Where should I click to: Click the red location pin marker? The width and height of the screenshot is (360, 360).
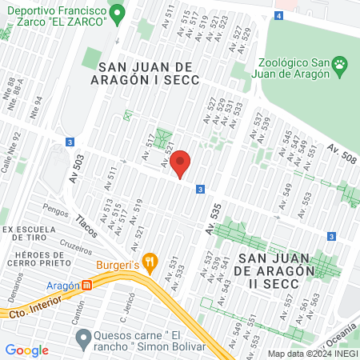point(180,163)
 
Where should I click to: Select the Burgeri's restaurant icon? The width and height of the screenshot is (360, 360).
point(150,265)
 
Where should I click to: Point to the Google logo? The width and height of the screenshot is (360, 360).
point(27,350)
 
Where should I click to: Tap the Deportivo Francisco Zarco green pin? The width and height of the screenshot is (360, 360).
point(118,13)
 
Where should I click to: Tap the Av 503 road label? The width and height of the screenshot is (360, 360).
point(78,172)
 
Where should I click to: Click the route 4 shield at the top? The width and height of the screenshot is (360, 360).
point(278,16)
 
